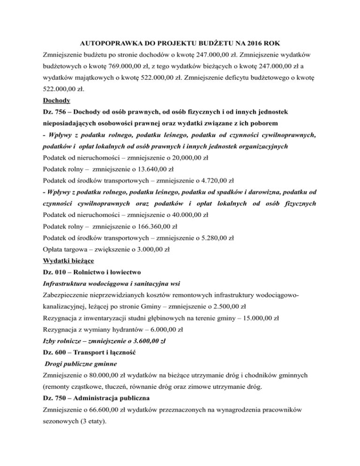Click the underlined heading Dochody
[x=57, y=100]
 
